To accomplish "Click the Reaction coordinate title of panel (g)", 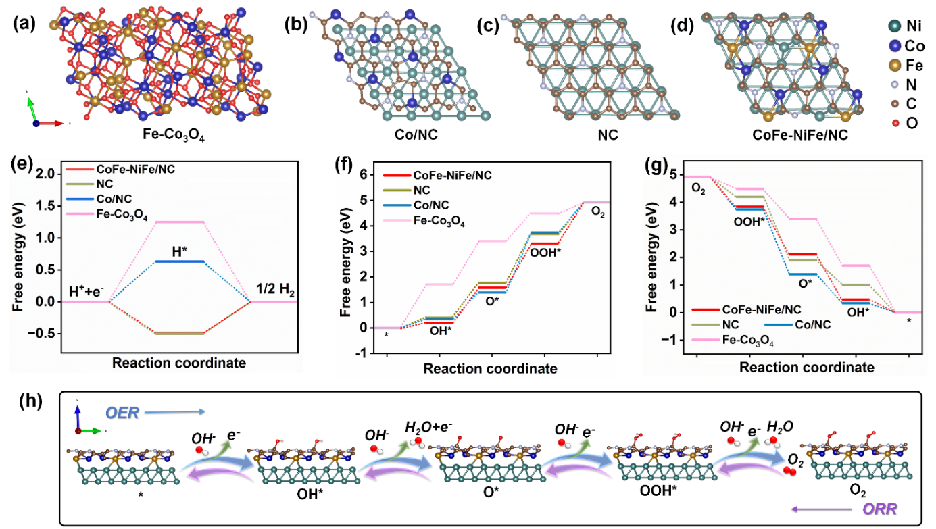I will (807, 368).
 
